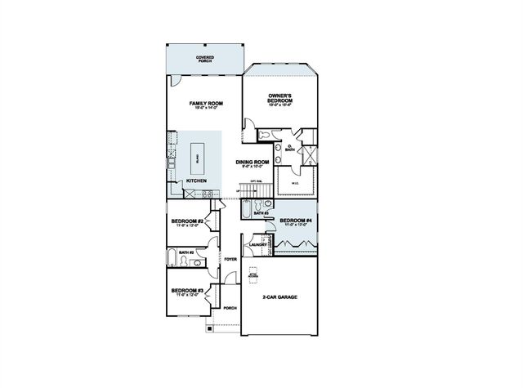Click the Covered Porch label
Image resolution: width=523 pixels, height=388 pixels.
click(x=204, y=58)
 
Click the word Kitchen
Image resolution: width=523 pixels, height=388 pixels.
click(x=196, y=181)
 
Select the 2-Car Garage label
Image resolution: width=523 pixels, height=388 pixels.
click(x=279, y=297)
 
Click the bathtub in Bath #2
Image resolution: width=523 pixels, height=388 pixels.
click(x=170, y=259)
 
